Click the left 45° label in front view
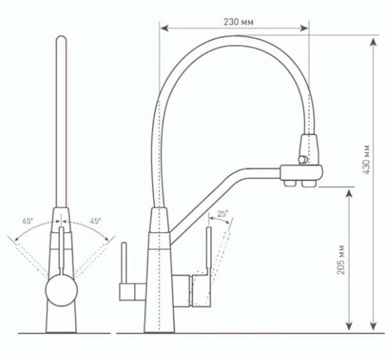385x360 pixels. coord(28,221)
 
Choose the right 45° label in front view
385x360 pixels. coord(95,221)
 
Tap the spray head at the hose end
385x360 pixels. coord(309,148)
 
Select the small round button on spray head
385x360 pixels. coord(299,159)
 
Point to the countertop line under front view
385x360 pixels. coord(61,334)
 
